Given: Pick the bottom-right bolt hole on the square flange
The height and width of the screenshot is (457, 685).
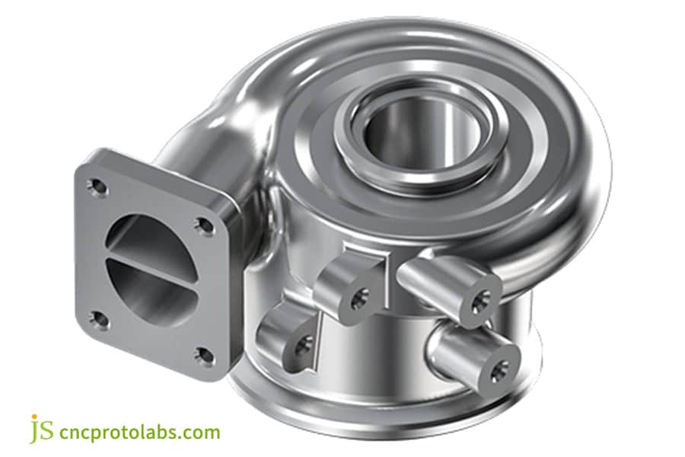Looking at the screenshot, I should [202, 353].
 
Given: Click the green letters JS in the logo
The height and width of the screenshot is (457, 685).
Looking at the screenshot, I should [43, 430].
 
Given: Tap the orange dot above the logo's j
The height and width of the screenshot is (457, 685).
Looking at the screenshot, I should [33, 417].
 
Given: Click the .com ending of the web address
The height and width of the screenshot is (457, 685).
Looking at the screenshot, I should [201, 433].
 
